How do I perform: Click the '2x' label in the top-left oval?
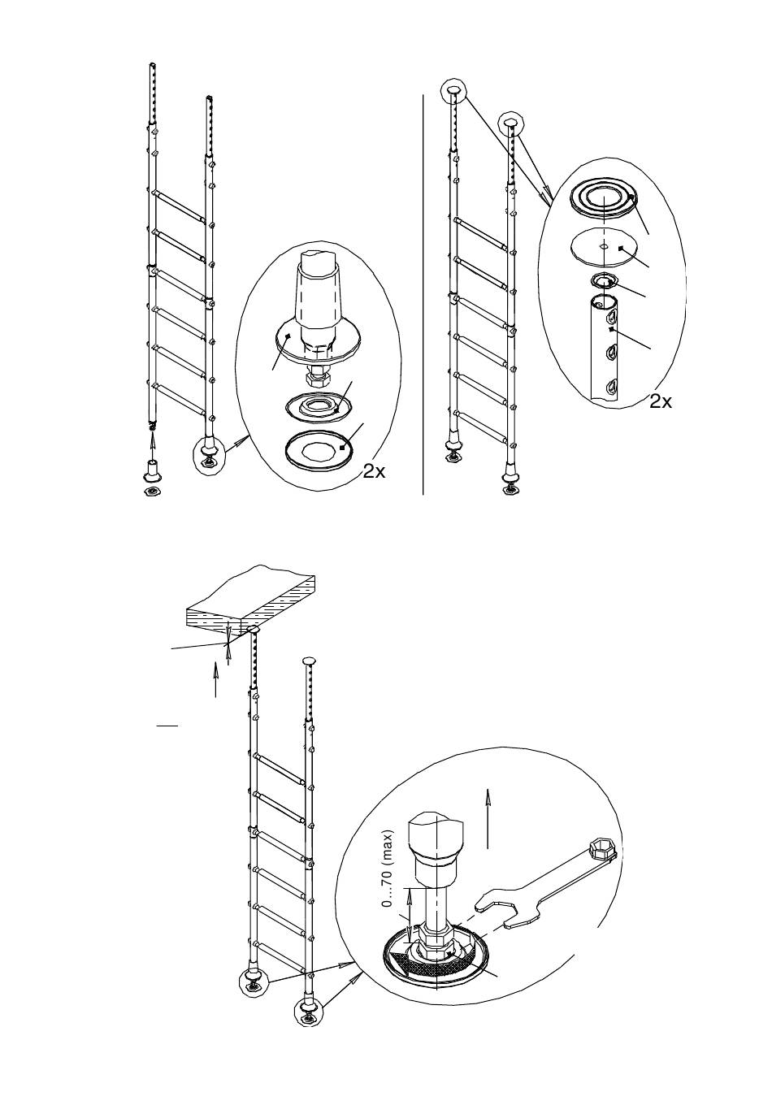tap(374, 472)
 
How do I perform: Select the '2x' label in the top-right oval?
tap(661, 402)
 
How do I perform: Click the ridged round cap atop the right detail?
tap(603, 200)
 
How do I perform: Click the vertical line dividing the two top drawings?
tap(423, 294)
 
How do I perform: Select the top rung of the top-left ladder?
tap(180, 206)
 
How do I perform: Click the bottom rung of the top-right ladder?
tap(481, 427)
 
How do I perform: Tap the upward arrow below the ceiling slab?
tap(216, 679)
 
